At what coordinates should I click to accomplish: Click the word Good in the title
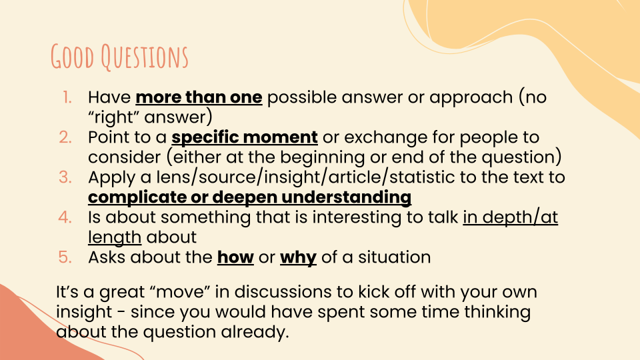(x=73, y=56)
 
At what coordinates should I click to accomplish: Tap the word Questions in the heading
(x=145, y=57)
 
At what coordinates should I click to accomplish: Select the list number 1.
(x=67, y=97)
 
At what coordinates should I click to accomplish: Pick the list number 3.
(x=65, y=177)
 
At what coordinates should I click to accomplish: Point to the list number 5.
(x=65, y=257)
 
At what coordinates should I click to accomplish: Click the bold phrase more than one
(x=199, y=97)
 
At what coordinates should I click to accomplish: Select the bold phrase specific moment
(x=245, y=137)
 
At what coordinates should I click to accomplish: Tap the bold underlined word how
(x=235, y=257)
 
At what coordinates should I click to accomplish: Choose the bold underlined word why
(x=299, y=257)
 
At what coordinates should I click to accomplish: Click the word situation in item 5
(x=394, y=257)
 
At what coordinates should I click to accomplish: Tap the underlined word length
(x=115, y=237)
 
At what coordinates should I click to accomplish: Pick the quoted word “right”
(x=114, y=117)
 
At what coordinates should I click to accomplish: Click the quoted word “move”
(x=180, y=291)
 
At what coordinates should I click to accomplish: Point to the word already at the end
(x=255, y=332)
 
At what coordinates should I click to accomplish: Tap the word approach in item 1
(x=471, y=98)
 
